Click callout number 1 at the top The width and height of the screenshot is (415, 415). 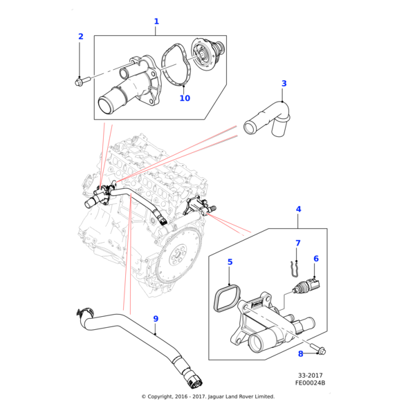pyautogui.click(x=156, y=21)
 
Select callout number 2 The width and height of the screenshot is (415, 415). pyautogui.click(x=80, y=37)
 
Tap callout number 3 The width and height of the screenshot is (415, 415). pyautogui.click(x=284, y=84)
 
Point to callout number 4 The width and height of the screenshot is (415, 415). pyautogui.click(x=298, y=209)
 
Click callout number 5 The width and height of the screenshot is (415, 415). pyautogui.click(x=230, y=262)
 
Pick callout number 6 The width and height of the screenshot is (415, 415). pyautogui.click(x=316, y=259)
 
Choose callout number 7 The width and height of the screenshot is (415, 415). pyautogui.click(x=298, y=243)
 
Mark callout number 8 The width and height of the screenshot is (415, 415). pyautogui.click(x=300, y=353)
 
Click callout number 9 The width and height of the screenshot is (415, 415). pyautogui.click(x=156, y=319)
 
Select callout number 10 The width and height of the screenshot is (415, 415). pyautogui.click(x=185, y=98)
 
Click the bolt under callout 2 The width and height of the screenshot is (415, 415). pyautogui.click(x=80, y=82)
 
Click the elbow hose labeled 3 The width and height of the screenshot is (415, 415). pyautogui.click(x=268, y=117)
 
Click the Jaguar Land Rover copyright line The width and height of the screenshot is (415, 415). pyautogui.click(x=207, y=396)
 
